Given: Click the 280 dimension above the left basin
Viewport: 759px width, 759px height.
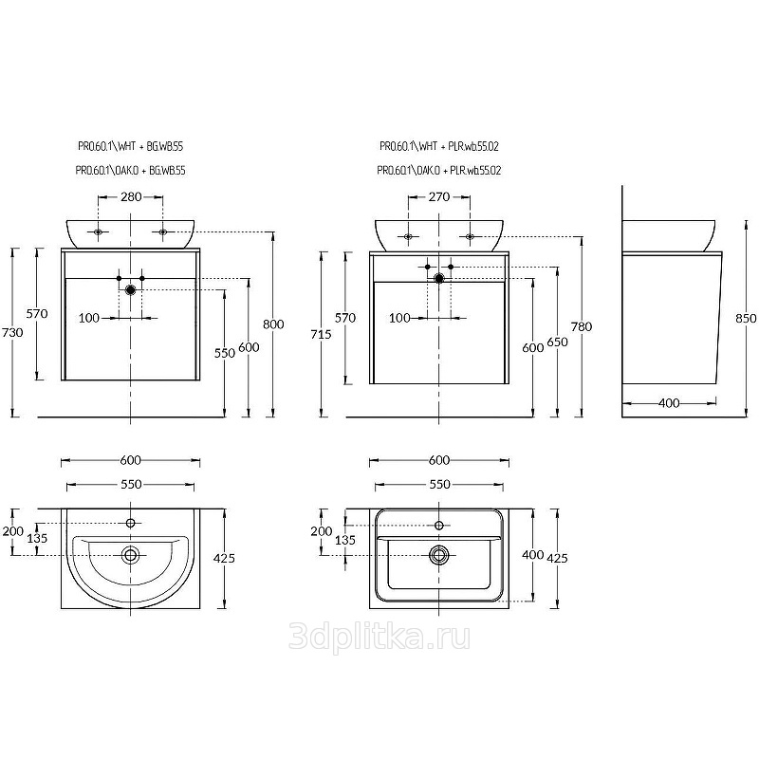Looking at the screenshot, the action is (131, 197).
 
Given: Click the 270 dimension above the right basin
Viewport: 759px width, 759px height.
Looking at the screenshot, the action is (439, 197).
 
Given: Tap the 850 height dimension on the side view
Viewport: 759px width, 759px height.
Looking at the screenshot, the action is (746, 318).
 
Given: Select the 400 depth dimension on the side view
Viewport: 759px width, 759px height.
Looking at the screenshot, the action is (669, 402).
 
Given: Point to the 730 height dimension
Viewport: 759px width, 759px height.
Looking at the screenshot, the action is (12, 333).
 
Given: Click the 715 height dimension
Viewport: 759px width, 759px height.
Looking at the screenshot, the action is (321, 334).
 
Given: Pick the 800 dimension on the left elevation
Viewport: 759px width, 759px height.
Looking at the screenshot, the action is (273, 324).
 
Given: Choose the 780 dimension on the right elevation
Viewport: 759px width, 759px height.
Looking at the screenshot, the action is (582, 326).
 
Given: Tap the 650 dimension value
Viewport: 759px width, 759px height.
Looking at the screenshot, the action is (557, 342).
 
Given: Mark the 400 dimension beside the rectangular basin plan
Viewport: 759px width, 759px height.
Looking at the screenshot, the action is (533, 555).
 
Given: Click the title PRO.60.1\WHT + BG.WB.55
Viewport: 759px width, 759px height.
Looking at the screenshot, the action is (131, 146).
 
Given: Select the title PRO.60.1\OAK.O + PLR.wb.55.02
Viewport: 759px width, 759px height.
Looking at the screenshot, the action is (439, 171).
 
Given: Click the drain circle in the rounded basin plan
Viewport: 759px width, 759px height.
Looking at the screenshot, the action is (130, 554).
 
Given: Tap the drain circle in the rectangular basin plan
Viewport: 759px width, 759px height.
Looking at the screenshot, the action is (439, 554).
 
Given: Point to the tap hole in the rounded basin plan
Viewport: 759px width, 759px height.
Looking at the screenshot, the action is (130, 523).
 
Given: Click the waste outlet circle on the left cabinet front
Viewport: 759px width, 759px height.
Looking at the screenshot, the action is (130, 290).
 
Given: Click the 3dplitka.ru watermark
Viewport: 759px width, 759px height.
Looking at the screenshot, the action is (379, 636).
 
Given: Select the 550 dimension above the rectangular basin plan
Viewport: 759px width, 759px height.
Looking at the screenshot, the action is (439, 485).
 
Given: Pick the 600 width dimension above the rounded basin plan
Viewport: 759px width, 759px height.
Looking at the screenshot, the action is (131, 460).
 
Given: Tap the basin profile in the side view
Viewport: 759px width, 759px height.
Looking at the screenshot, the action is (669, 236).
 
